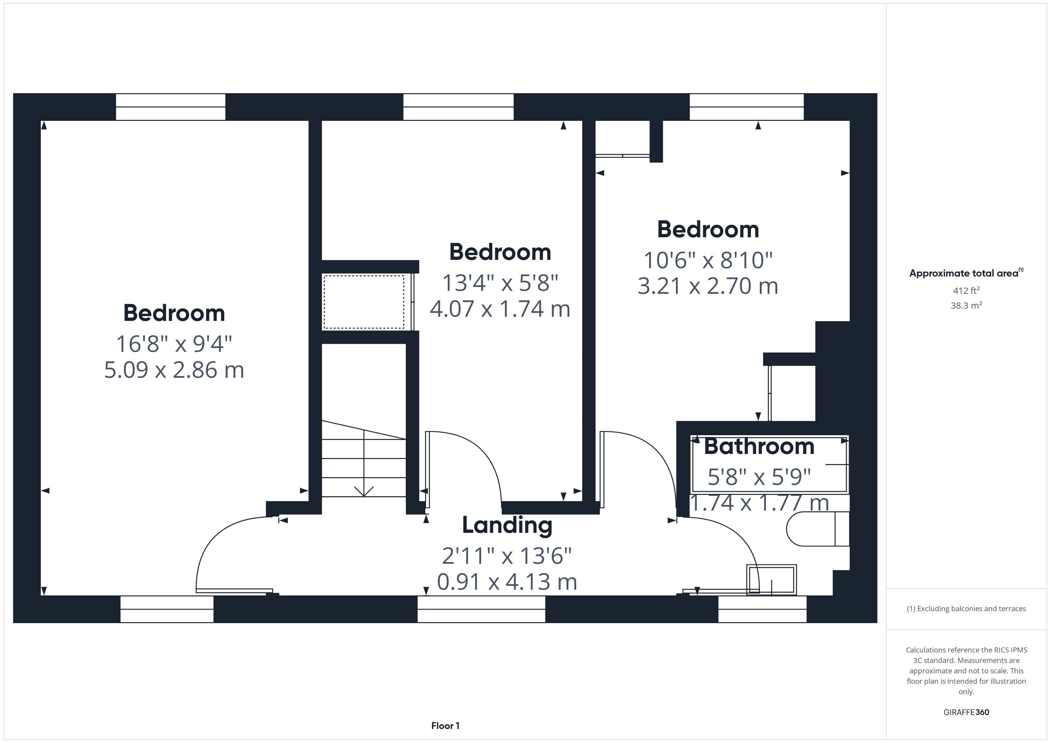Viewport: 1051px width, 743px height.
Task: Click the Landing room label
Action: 507,525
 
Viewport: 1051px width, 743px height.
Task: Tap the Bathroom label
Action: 759,447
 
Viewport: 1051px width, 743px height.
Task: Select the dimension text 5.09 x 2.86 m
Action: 174,370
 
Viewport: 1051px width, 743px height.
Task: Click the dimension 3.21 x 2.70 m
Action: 708,286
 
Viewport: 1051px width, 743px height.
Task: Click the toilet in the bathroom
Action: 817,529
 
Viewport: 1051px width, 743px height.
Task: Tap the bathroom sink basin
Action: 771,580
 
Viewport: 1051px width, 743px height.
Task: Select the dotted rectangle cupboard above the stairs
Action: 364,302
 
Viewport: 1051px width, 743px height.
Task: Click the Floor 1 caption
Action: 445,726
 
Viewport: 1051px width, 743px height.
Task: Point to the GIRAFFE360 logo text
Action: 966,712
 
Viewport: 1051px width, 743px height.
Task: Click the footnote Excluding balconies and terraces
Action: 966,608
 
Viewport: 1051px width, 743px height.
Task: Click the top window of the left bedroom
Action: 170,107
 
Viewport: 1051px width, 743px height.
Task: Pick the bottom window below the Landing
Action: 481,609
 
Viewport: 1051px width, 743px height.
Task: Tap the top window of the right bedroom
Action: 747,107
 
